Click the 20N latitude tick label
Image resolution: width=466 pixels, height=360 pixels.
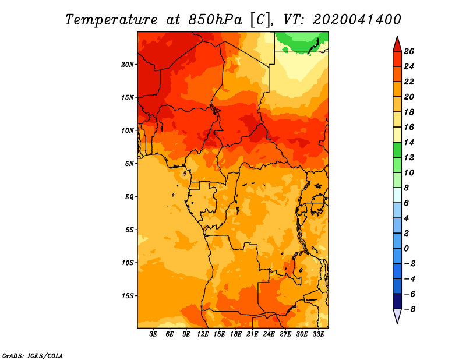[128, 65]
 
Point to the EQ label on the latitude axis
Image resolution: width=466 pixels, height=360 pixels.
[129, 197]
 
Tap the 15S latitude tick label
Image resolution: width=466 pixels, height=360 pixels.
[128, 296]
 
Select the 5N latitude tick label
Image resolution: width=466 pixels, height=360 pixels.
[129, 164]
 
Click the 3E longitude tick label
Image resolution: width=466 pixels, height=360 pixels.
[153, 334]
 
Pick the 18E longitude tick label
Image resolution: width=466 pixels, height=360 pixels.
[236, 334]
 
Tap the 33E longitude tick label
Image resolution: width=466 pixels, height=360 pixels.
[318, 334]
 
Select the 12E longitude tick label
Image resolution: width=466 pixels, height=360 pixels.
[203, 334]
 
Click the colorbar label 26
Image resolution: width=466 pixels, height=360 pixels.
[409, 52]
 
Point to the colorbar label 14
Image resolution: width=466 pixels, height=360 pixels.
[409, 143]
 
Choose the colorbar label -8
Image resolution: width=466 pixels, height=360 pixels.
[409, 309]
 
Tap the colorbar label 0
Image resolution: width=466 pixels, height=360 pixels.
[407, 249]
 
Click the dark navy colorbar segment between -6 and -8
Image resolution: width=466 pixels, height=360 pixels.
[397, 301]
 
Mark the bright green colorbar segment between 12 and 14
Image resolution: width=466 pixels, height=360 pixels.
[397, 150]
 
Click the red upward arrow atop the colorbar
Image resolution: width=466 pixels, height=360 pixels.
[397, 44]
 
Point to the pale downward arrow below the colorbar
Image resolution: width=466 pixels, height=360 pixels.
[397, 316]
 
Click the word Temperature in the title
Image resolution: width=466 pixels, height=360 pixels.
[111, 20]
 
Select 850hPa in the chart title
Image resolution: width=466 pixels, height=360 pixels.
[216, 20]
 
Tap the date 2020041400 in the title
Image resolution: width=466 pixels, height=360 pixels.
[357, 20]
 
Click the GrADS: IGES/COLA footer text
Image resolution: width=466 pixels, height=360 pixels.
[33, 356]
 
